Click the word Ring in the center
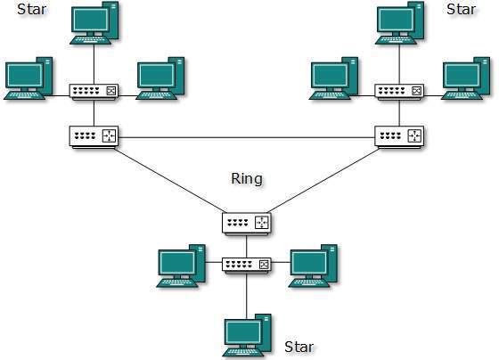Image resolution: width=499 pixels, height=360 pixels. [x=246, y=179]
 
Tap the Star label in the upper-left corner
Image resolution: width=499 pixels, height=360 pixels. [x=32, y=11]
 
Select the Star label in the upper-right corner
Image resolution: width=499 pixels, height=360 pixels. [x=461, y=11]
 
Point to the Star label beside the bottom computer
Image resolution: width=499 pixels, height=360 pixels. [x=299, y=346]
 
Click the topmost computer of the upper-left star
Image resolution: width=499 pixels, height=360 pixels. [x=94, y=22]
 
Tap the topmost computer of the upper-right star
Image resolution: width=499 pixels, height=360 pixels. [x=399, y=22]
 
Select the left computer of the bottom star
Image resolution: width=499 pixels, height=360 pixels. [x=181, y=266]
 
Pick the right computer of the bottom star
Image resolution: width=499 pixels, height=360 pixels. [x=313, y=265]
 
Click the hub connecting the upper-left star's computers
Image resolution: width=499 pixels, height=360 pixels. [x=94, y=92]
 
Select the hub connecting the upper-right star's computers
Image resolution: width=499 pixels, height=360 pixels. [x=399, y=92]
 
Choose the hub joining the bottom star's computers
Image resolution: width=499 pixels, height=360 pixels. [x=247, y=266]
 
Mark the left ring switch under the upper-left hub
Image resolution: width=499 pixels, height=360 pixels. [x=94, y=136]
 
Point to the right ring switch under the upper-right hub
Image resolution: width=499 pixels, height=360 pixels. [x=400, y=136]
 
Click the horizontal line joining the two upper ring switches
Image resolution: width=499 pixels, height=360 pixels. [x=247, y=137]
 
